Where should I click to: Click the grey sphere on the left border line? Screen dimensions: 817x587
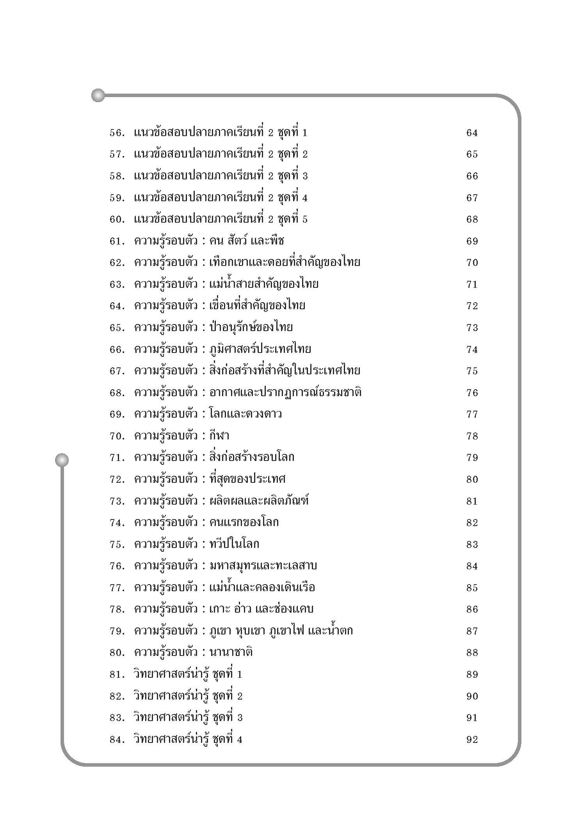62,460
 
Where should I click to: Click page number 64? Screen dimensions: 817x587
472,133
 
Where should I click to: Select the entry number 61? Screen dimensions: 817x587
117,241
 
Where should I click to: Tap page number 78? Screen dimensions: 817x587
472,436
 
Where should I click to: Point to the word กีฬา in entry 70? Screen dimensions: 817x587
219,436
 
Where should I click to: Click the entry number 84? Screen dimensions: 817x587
117,740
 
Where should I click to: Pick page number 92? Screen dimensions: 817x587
472,740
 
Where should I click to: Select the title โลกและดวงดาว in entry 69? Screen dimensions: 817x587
245,414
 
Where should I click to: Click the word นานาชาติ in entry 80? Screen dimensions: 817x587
231,653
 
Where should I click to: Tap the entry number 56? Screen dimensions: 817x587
117,133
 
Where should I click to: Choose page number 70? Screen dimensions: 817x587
472,263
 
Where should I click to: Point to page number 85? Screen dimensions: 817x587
472,588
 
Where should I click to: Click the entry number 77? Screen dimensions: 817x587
117,588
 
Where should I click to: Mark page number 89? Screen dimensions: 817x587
472,675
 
